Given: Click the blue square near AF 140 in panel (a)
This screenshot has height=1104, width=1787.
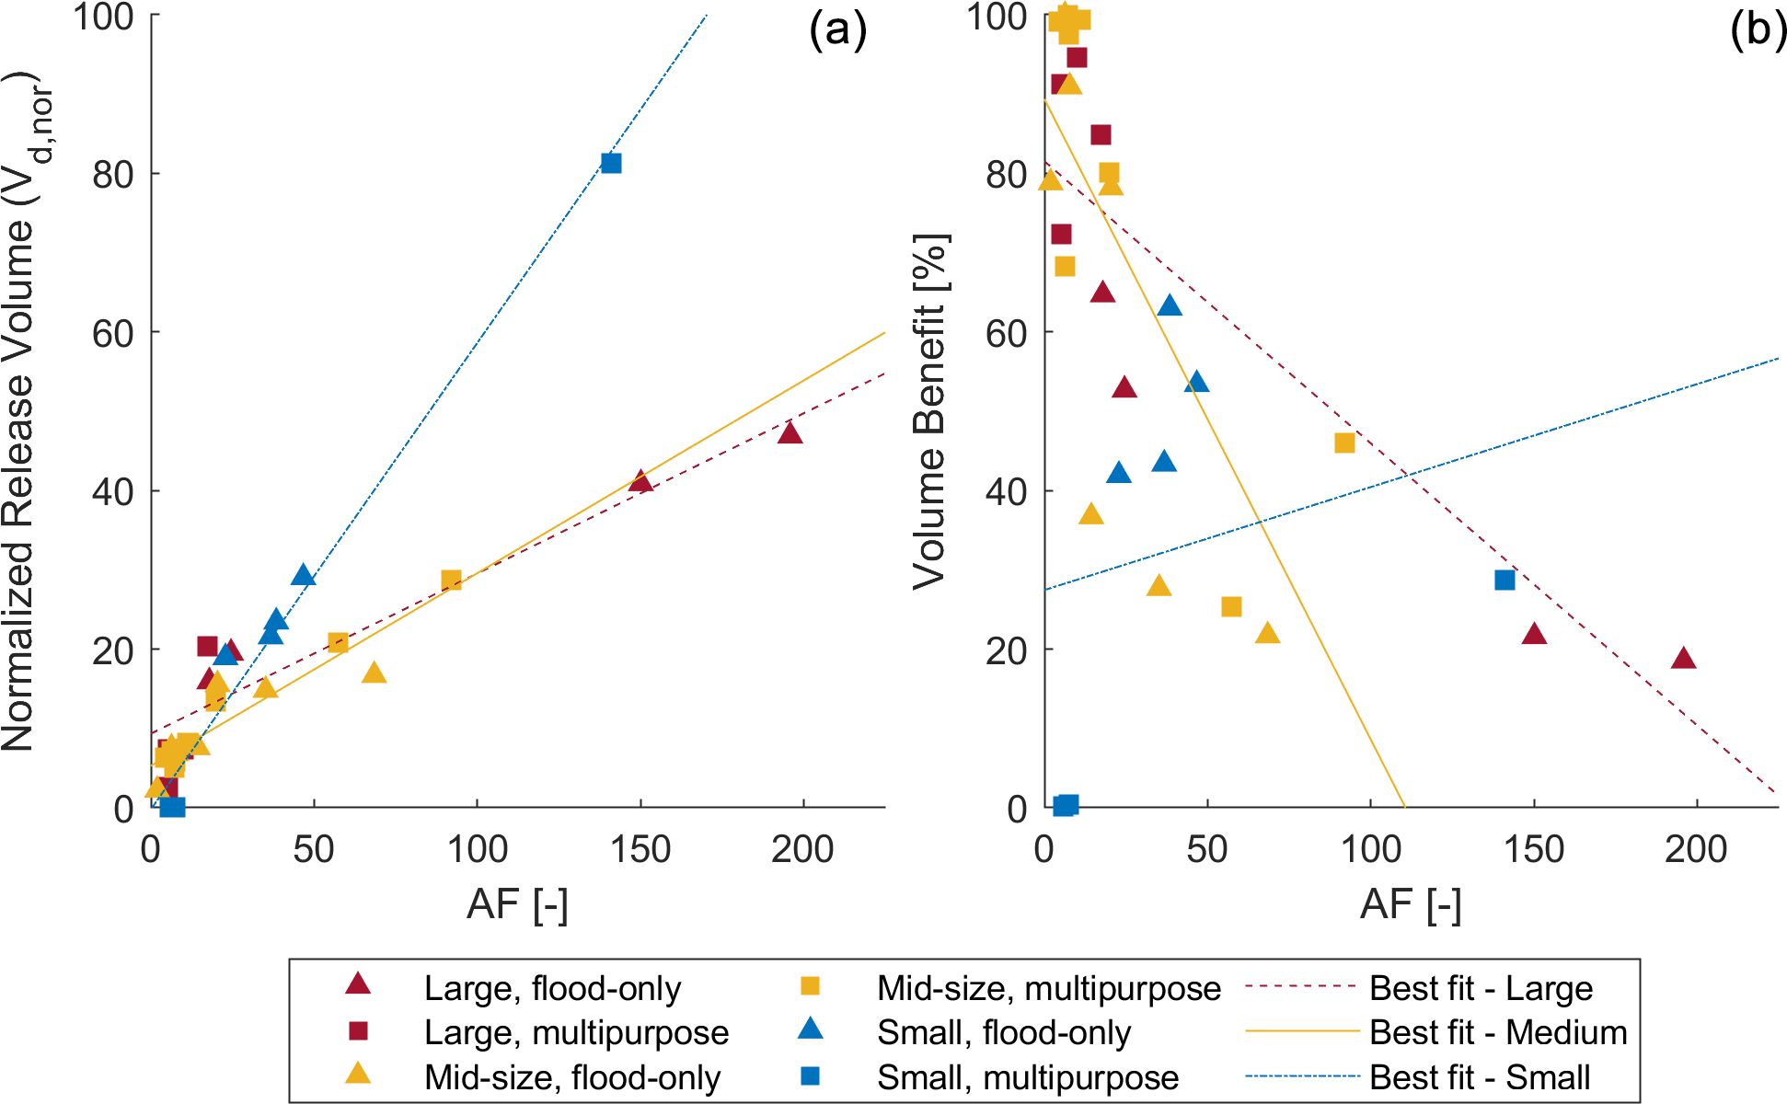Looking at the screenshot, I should (x=611, y=163).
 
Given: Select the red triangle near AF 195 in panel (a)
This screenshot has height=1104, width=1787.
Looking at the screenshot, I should (x=790, y=433).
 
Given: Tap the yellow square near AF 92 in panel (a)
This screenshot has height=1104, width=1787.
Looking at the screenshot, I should (x=451, y=580).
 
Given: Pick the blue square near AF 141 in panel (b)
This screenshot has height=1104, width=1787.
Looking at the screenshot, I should (x=1505, y=580).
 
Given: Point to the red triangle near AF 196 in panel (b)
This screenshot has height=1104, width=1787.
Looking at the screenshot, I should (x=1683, y=659).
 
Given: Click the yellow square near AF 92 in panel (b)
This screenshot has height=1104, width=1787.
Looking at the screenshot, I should (x=1344, y=443).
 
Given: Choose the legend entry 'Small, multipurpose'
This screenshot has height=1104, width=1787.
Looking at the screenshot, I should (x=1027, y=1077).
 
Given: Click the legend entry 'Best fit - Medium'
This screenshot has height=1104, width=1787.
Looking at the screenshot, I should (x=1498, y=1032).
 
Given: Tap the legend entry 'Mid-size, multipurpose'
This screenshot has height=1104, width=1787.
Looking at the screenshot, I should (x=1048, y=988).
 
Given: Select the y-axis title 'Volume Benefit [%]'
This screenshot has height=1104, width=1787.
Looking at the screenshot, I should (x=929, y=411).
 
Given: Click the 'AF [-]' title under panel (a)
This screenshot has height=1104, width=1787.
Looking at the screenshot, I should (x=517, y=905).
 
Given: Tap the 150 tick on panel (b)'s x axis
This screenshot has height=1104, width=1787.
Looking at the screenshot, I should (x=1534, y=849).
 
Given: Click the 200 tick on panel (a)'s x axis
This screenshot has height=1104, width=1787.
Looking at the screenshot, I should (x=802, y=849).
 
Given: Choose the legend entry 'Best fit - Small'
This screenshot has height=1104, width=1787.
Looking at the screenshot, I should (x=1480, y=1077).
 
